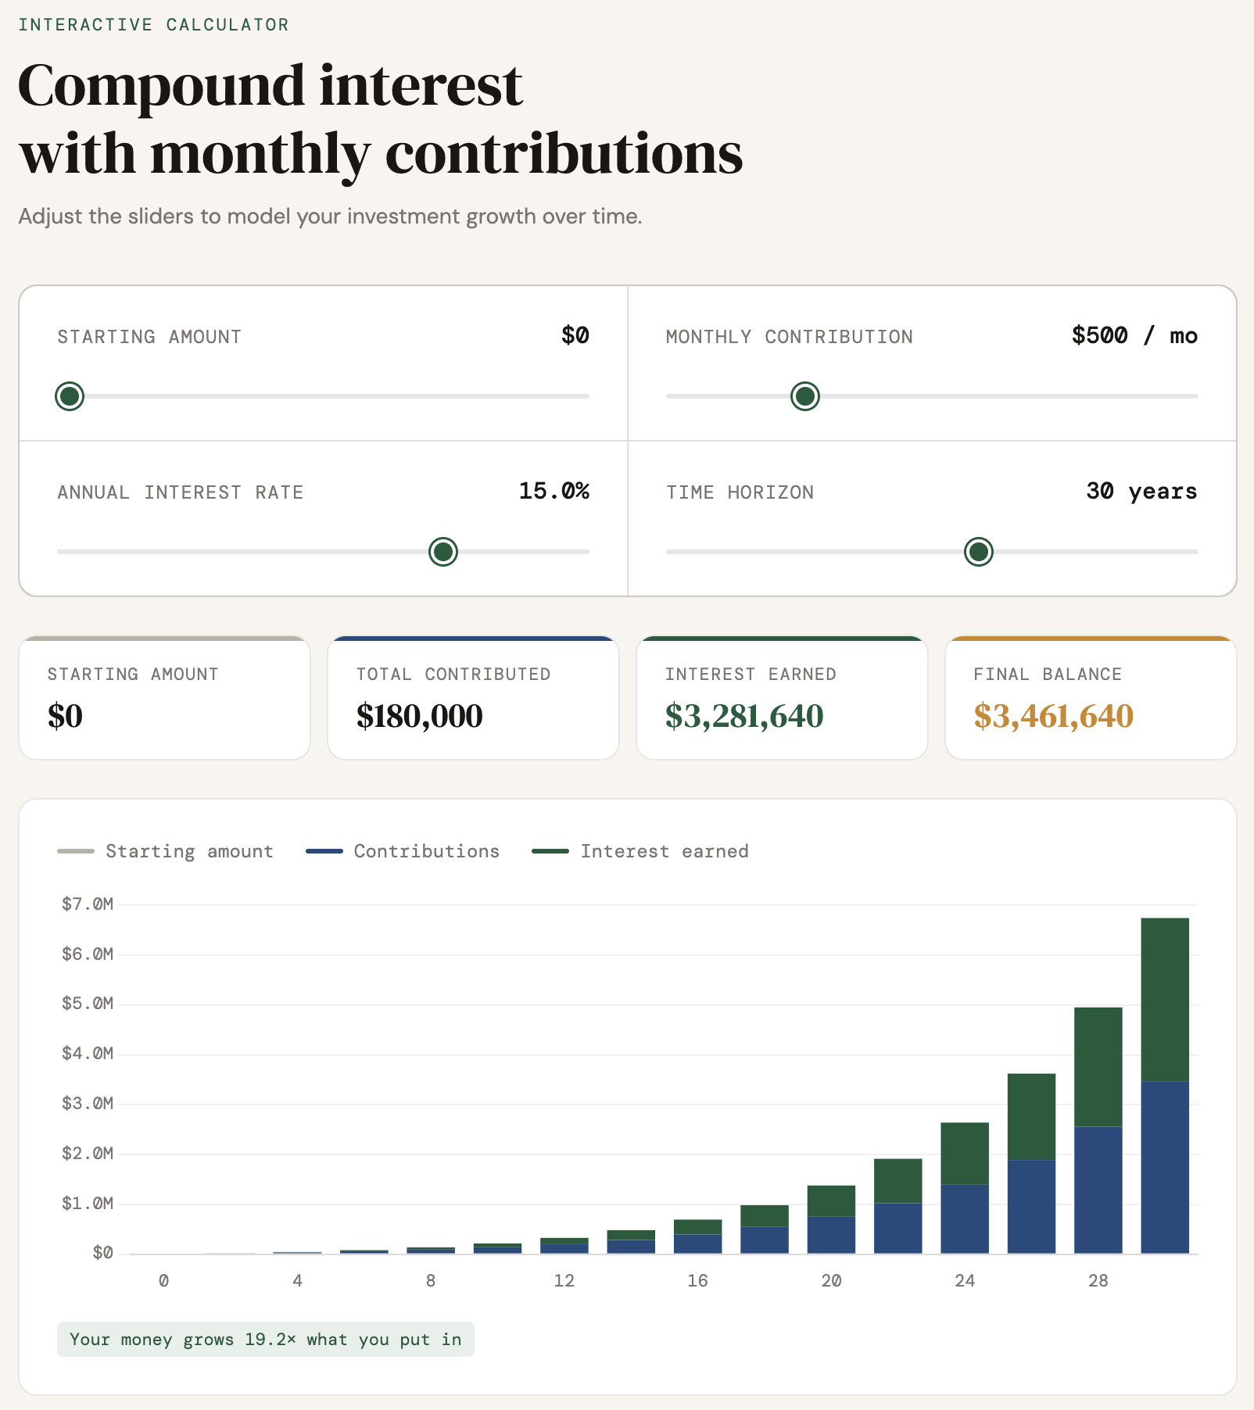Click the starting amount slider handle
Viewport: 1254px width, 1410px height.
[x=70, y=396]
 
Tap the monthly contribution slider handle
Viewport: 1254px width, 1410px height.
[x=804, y=396]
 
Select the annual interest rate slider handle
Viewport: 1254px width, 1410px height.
[x=443, y=552]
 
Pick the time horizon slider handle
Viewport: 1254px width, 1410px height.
[x=978, y=552]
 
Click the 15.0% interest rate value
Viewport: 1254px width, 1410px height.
[x=554, y=491]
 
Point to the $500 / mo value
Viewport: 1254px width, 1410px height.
[x=1134, y=335]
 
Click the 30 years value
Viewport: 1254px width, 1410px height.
[x=1141, y=491]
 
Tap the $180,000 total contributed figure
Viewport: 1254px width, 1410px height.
[x=419, y=716]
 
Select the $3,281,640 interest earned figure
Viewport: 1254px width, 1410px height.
[x=743, y=716]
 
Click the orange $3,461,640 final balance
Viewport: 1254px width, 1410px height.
[x=1053, y=716]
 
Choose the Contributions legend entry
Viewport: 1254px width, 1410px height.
[x=426, y=851]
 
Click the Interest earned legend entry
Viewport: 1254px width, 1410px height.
[x=664, y=851]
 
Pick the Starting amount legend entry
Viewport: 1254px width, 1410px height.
[x=189, y=851]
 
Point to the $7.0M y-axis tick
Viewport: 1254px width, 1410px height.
[x=88, y=904]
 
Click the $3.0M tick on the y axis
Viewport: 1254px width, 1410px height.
[x=88, y=1104]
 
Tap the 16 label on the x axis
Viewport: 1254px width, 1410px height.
[x=697, y=1280]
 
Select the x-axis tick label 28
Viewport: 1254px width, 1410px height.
[x=1098, y=1280]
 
